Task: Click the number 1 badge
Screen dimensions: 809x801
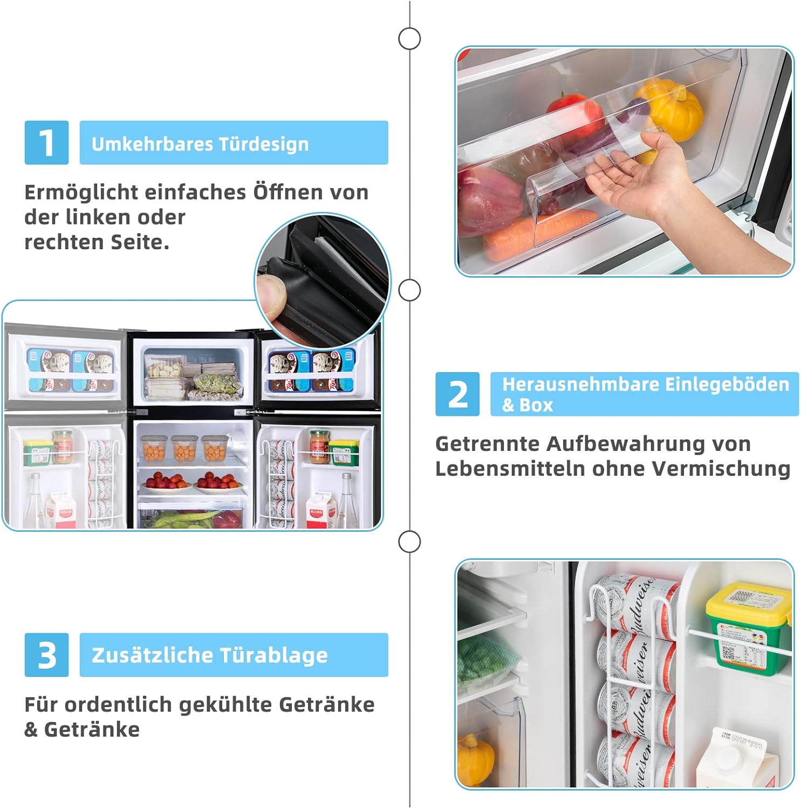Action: [46, 142]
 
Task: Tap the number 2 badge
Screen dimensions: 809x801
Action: [457, 394]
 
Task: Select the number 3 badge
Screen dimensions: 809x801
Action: [46, 655]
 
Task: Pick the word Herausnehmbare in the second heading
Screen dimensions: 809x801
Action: [580, 385]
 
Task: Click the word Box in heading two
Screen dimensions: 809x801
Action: [536, 405]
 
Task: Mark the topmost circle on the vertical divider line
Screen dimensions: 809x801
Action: [409, 39]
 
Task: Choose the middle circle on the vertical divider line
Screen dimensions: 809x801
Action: [409, 290]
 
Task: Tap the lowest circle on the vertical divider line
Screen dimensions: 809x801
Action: [409, 541]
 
